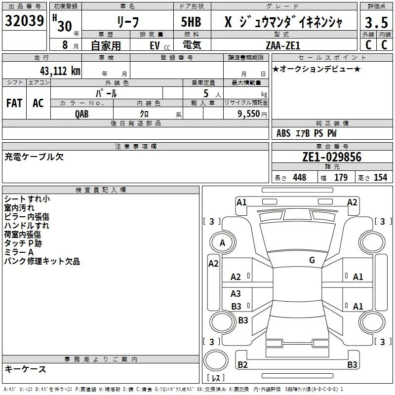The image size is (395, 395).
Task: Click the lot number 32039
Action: (x=24, y=21)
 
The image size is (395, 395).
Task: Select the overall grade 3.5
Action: (x=376, y=22)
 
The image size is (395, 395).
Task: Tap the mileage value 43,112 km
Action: (x=60, y=71)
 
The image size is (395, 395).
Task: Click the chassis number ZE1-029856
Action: (x=332, y=157)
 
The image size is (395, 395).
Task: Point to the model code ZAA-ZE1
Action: (x=283, y=45)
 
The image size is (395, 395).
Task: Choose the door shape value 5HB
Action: (x=191, y=22)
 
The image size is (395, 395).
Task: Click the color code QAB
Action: (x=81, y=114)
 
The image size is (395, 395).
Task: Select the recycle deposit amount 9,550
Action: (x=248, y=114)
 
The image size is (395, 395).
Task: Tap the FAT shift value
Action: (x=14, y=103)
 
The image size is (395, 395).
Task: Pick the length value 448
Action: (x=300, y=177)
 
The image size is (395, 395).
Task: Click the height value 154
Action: (x=380, y=177)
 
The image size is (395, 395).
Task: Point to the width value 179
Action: (x=341, y=177)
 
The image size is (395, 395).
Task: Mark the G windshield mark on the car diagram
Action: (x=312, y=260)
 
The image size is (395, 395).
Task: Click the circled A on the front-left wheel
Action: (x=223, y=243)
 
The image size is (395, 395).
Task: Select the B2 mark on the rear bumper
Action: (x=242, y=364)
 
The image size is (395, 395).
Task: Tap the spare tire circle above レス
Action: (x=216, y=360)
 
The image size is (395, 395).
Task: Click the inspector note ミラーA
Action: (x=19, y=252)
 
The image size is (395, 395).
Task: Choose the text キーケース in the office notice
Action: (x=25, y=369)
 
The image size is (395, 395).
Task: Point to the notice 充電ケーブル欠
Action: (x=34, y=157)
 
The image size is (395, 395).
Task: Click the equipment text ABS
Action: (x=283, y=133)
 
